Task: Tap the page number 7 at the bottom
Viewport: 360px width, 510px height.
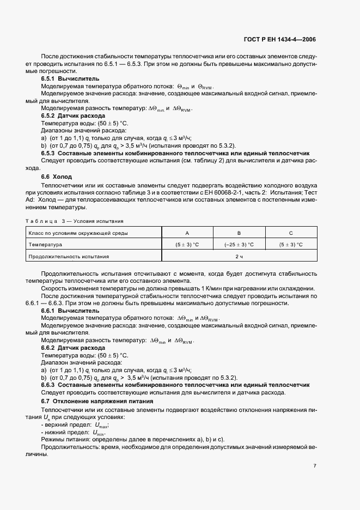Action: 315,466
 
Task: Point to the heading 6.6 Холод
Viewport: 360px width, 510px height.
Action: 56,177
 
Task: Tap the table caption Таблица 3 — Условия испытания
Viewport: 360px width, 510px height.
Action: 74,221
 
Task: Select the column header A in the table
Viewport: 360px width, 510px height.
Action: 186,233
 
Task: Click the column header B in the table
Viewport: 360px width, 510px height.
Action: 239,233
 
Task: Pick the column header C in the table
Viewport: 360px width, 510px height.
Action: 290,233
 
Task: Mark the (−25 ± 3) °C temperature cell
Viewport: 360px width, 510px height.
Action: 239,245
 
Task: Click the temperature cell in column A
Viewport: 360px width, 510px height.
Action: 186,245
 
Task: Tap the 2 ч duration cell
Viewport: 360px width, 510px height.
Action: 239,256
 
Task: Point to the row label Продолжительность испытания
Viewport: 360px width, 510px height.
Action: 69,256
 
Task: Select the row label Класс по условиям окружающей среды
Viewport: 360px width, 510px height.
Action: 78,233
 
